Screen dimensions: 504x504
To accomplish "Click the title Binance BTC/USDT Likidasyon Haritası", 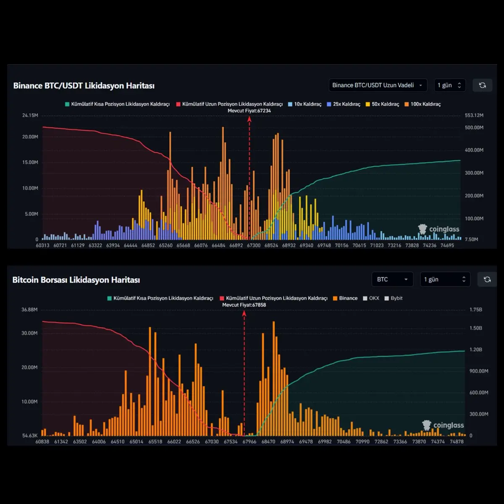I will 84,86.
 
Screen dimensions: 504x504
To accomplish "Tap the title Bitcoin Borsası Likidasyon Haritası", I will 76,280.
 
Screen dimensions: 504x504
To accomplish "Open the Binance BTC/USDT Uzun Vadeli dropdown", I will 378,85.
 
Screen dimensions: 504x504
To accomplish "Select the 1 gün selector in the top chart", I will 449,85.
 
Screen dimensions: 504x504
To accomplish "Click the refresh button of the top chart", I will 482,85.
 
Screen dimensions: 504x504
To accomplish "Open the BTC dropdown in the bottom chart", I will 392,279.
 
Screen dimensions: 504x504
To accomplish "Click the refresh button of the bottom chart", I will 487,279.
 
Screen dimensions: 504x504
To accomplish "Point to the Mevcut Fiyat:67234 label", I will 249,111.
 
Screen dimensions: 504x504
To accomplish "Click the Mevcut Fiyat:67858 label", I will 244,305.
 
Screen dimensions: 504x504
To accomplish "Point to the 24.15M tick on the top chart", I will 30,115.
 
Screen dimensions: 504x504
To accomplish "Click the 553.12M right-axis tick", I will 474,115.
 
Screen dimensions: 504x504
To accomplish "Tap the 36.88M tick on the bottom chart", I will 29,310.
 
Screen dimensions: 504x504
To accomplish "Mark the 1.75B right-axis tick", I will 476,310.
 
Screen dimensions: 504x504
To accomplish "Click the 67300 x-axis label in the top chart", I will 254,245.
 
